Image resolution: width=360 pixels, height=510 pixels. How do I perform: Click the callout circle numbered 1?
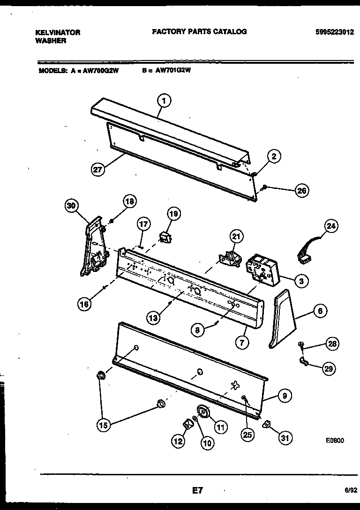pos(164,100)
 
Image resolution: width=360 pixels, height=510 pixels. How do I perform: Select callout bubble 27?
pos(97,170)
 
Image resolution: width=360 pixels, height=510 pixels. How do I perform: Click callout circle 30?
pos(72,205)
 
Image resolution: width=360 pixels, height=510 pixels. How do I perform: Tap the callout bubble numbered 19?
pos(173,214)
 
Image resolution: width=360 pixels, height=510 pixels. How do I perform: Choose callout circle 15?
pos(104,426)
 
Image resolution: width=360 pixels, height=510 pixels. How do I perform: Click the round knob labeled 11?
pos(203,412)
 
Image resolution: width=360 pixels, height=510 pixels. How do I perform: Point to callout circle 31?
pos(285,438)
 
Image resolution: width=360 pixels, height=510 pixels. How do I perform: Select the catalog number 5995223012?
pos(335,32)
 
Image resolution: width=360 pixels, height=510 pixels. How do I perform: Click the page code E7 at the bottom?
pos(197,491)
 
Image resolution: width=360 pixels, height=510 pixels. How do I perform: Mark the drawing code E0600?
pos(335,441)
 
